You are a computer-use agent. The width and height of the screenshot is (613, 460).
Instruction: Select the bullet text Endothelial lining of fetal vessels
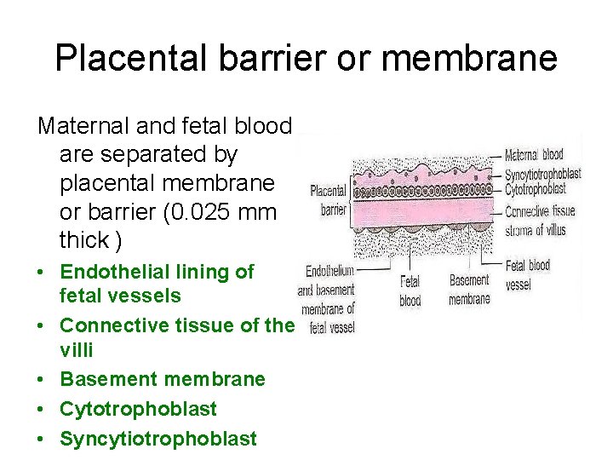click(x=157, y=284)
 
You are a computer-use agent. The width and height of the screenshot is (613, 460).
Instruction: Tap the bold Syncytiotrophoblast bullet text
click(x=158, y=439)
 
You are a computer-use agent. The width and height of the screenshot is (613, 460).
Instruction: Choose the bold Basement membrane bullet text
click(x=163, y=379)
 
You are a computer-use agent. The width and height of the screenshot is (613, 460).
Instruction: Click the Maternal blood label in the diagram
click(x=533, y=155)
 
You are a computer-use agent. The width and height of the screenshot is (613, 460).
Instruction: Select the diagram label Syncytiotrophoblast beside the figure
click(x=542, y=173)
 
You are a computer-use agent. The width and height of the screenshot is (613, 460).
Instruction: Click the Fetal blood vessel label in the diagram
click(x=528, y=274)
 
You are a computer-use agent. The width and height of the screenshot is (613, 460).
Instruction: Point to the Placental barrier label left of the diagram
click(x=328, y=199)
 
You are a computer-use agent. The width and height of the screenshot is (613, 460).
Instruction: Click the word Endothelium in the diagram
click(x=329, y=271)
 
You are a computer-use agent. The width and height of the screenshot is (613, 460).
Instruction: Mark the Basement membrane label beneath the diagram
click(x=469, y=290)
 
